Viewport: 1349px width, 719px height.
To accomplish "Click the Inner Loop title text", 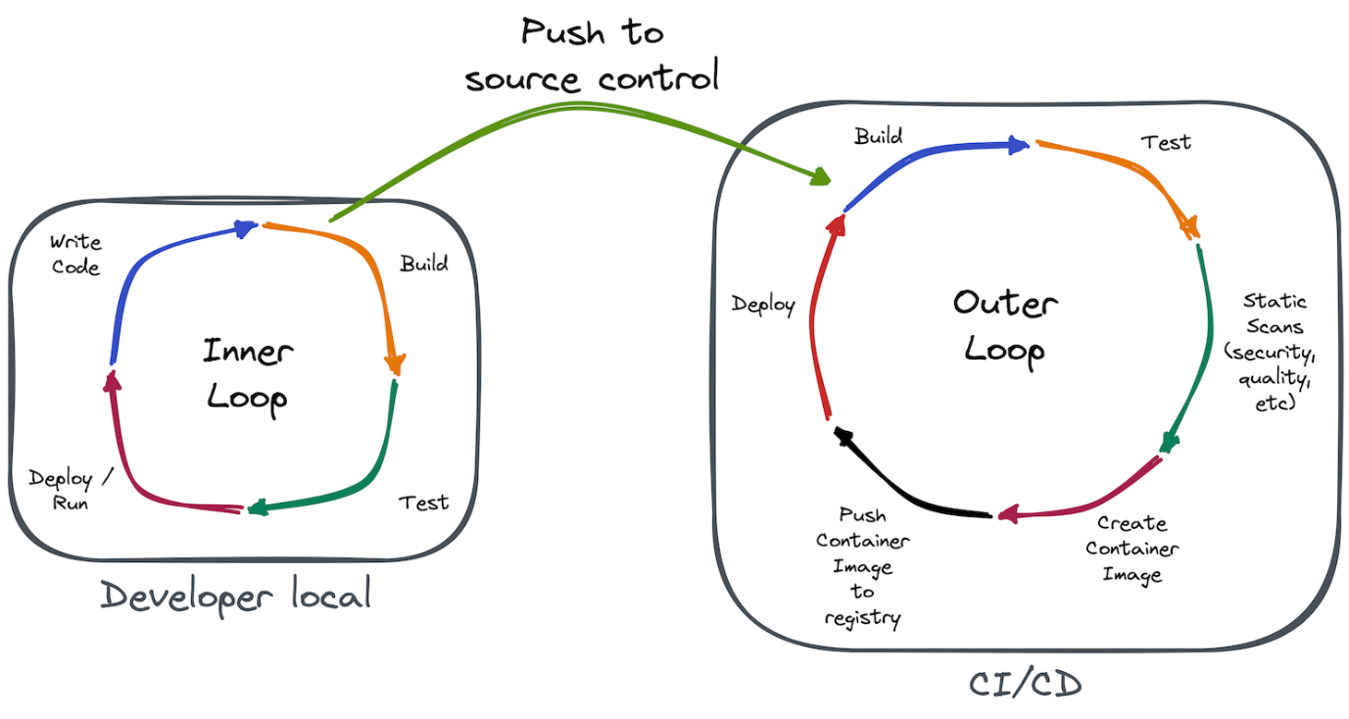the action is pyautogui.click(x=248, y=376).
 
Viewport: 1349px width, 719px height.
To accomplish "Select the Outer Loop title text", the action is pyautogui.click(x=1005, y=328).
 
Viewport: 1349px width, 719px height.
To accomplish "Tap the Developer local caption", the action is pyautogui.click(x=235, y=596).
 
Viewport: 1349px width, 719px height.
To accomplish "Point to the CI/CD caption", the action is pyautogui.click(x=1025, y=684).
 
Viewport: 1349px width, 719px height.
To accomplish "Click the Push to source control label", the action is pyautogui.click(x=592, y=56).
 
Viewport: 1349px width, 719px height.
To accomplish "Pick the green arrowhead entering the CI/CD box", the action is pyautogui.click(x=821, y=176).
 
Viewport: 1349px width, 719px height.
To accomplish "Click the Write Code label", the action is pyautogui.click(x=75, y=254).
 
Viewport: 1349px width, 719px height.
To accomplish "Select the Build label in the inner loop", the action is pyautogui.click(x=424, y=264).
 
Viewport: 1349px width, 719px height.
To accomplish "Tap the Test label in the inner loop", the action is pyautogui.click(x=424, y=503).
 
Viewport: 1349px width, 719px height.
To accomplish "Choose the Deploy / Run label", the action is pyautogui.click(x=70, y=489).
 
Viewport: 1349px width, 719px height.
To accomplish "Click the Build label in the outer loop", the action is pyautogui.click(x=878, y=136).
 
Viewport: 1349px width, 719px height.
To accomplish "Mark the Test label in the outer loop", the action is pyautogui.click(x=1166, y=143).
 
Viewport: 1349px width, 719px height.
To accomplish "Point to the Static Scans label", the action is pyautogui.click(x=1270, y=352).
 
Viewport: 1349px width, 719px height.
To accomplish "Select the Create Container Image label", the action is pyautogui.click(x=1132, y=549).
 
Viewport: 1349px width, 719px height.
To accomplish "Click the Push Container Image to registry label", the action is pyautogui.click(x=862, y=566).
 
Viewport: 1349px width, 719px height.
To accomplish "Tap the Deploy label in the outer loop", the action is pyautogui.click(x=763, y=305).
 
